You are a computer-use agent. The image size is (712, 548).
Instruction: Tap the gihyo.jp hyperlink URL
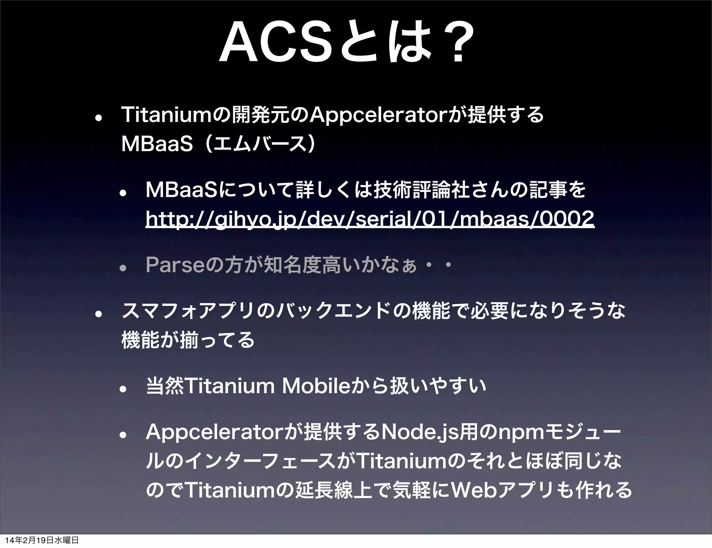click(370, 219)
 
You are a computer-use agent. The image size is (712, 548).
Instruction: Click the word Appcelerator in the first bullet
click(377, 115)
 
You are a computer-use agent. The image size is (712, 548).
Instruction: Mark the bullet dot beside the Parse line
click(123, 268)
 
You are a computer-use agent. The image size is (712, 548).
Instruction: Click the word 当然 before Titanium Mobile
click(165, 386)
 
